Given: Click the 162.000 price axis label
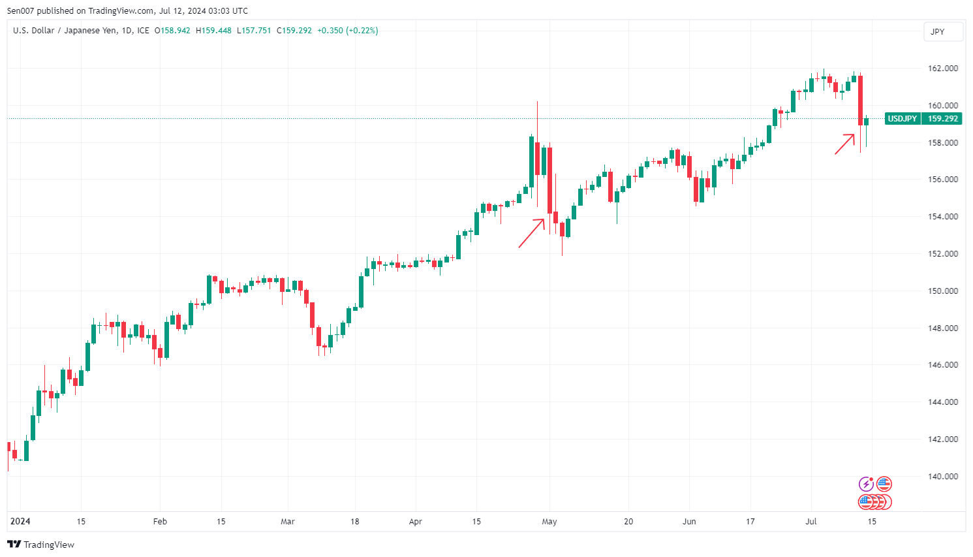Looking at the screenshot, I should [942, 69].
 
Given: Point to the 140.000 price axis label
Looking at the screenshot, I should [942, 477].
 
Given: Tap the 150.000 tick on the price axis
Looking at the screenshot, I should [942, 291].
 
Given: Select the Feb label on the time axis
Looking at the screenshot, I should [160, 522].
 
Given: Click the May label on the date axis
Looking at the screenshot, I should [549, 522].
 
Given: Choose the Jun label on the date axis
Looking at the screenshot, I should [689, 522].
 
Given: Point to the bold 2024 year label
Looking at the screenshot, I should [20, 522].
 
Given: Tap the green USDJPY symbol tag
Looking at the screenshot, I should [903, 119].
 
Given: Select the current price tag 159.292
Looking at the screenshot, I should [942, 119].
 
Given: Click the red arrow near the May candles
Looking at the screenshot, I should [531, 233].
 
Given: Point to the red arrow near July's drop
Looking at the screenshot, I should [844, 144].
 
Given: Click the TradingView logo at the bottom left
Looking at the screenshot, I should [40, 545].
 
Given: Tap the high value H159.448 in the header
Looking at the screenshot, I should [213, 31].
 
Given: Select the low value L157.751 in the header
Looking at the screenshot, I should [253, 31].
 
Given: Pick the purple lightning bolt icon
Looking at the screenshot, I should [866, 484].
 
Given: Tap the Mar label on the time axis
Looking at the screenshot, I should [287, 522].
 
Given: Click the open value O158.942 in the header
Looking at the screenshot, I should [172, 31].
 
